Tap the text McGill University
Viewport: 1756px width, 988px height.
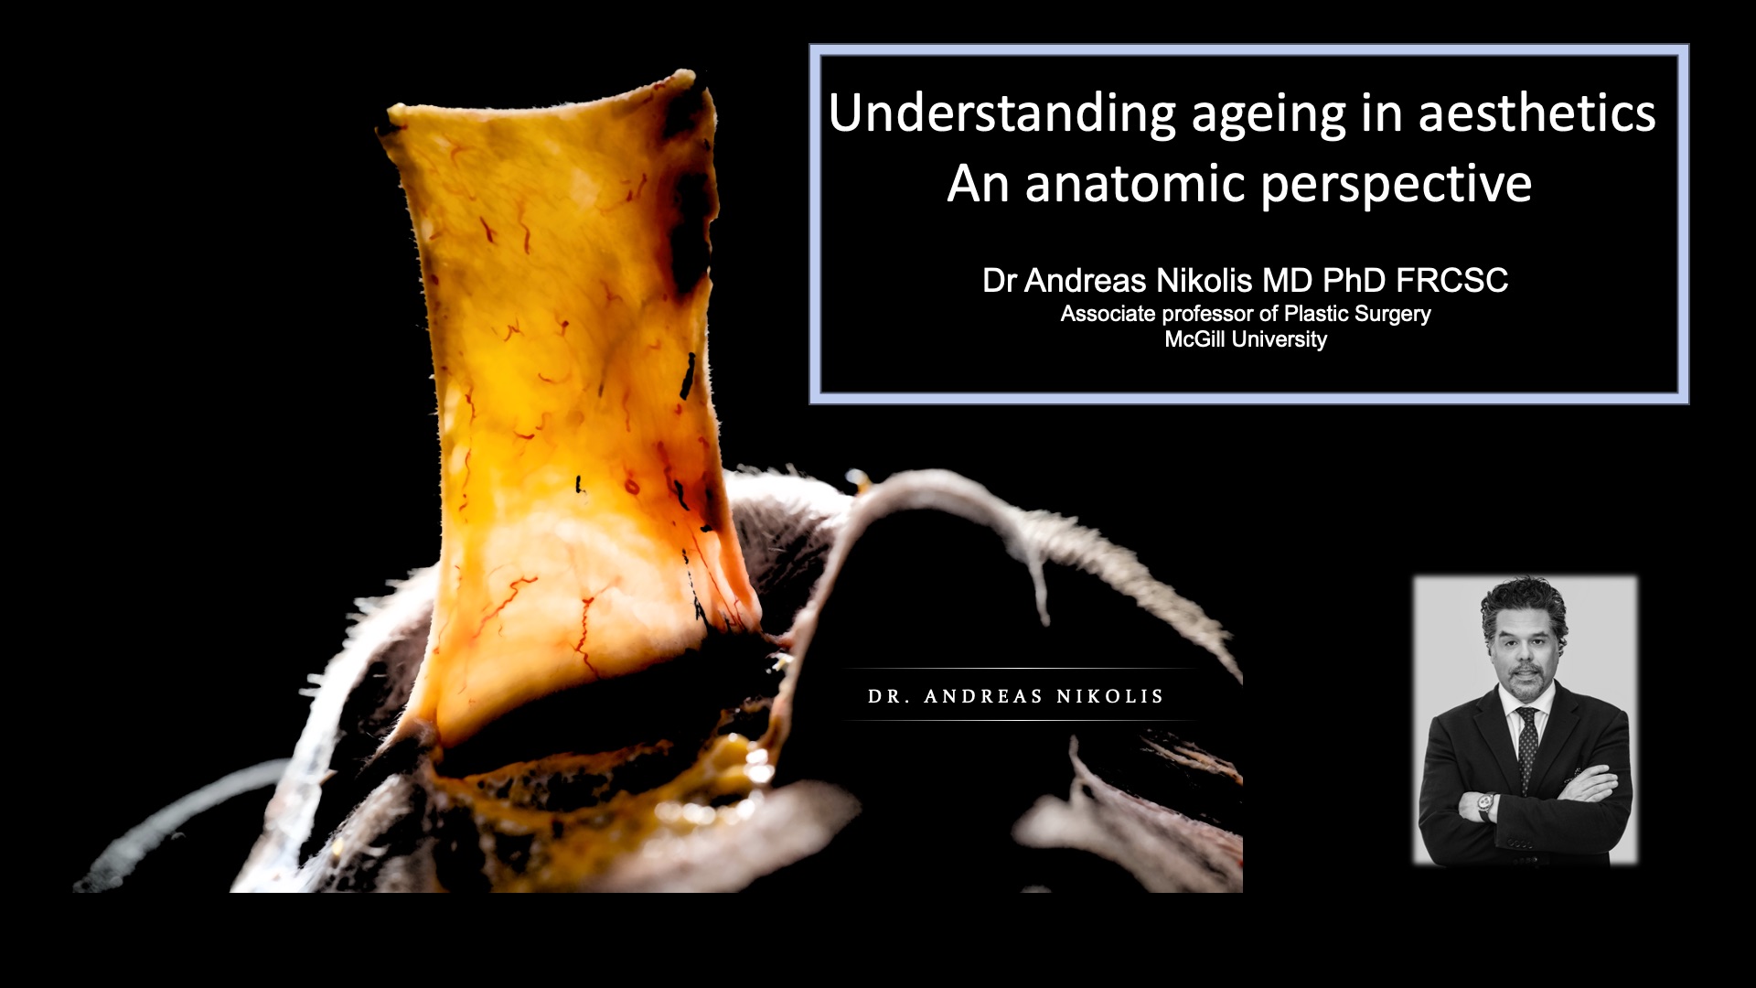1246,339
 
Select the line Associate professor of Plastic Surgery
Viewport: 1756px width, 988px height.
1246,314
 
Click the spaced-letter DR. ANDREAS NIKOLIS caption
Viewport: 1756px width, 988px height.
1015,696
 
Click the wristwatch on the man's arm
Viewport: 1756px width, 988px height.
1484,805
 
